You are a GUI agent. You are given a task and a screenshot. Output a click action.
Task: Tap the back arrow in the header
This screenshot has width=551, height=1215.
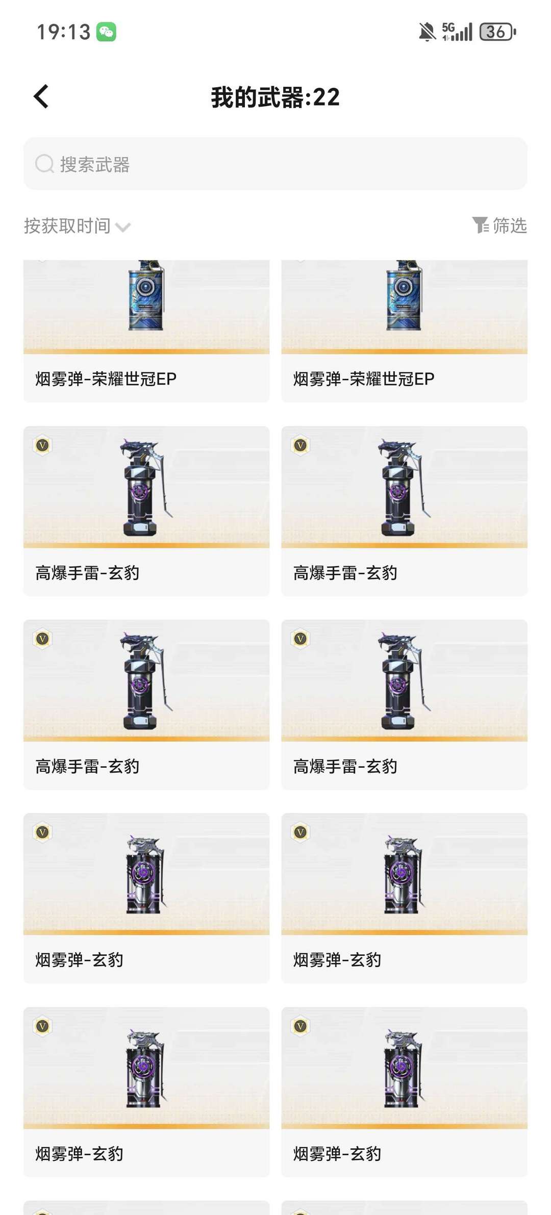tap(41, 96)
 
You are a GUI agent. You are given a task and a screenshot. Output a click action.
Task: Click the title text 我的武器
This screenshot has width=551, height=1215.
tap(258, 97)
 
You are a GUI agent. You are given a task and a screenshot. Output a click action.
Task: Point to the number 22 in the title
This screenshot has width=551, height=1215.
tap(327, 97)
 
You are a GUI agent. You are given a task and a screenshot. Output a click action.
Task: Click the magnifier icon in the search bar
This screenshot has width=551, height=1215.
tap(44, 164)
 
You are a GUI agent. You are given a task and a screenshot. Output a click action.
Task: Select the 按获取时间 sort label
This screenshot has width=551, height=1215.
tap(67, 225)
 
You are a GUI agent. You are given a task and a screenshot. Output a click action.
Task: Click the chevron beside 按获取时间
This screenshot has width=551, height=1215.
tap(123, 227)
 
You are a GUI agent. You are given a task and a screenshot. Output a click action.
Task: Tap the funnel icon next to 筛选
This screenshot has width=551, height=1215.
tap(480, 225)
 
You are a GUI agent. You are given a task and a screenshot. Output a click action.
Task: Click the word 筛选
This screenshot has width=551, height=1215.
tap(510, 225)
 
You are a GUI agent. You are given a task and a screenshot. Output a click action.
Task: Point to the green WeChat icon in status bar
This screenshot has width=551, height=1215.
tap(106, 32)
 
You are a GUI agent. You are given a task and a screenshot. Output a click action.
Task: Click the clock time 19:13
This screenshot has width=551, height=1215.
tap(63, 32)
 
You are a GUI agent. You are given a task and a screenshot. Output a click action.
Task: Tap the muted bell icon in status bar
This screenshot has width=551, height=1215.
tap(427, 32)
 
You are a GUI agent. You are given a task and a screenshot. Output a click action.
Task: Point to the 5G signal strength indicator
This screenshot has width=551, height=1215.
tap(458, 32)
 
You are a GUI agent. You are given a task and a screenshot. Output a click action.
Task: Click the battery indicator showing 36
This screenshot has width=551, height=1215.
tap(497, 32)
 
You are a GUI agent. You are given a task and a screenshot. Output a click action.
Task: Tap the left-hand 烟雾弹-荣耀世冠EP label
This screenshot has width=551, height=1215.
tap(106, 378)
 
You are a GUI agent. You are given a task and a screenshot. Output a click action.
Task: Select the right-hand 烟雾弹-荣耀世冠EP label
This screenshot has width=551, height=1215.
tap(364, 378)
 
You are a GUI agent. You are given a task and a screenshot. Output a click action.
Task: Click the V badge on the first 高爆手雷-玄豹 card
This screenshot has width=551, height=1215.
tap(43, 445)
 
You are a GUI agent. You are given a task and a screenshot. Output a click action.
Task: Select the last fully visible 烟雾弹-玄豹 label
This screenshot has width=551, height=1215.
tap(337, 1153)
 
